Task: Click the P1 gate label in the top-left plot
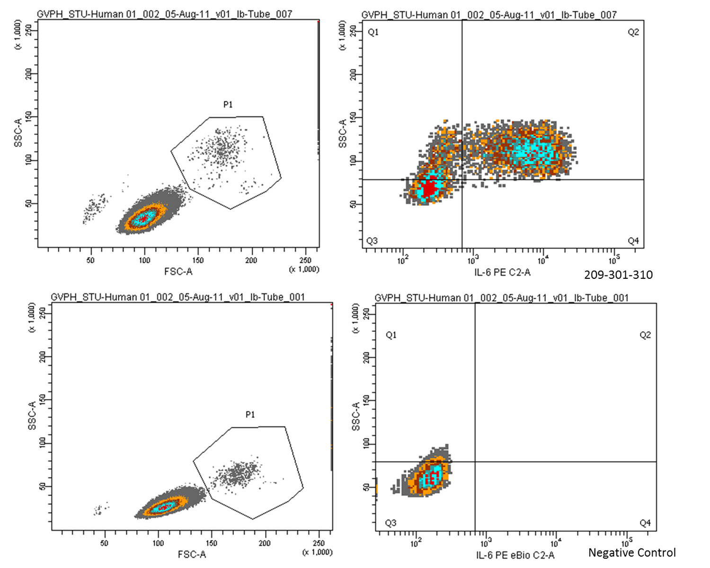coord(228,105)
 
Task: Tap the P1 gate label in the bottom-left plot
coord(250,415)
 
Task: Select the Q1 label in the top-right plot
coord(373,32)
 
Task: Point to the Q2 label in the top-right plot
coord(633,32)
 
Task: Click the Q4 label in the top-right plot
coord(633,241)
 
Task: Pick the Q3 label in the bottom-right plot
coord(390,523)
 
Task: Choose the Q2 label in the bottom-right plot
coord(645,335)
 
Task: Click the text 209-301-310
coord(618,275)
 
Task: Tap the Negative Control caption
coord(632,552)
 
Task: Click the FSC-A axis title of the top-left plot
coord(178,272)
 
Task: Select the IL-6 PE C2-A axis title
coord(502,272)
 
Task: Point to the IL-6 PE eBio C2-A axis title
coord(515,555)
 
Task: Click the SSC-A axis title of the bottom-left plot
coord(32,416)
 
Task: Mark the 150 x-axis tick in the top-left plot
coord(198,260)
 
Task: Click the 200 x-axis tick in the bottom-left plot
coord(265,543)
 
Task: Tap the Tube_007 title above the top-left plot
coord(164,14)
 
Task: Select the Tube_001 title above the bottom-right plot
coord(502,298)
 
